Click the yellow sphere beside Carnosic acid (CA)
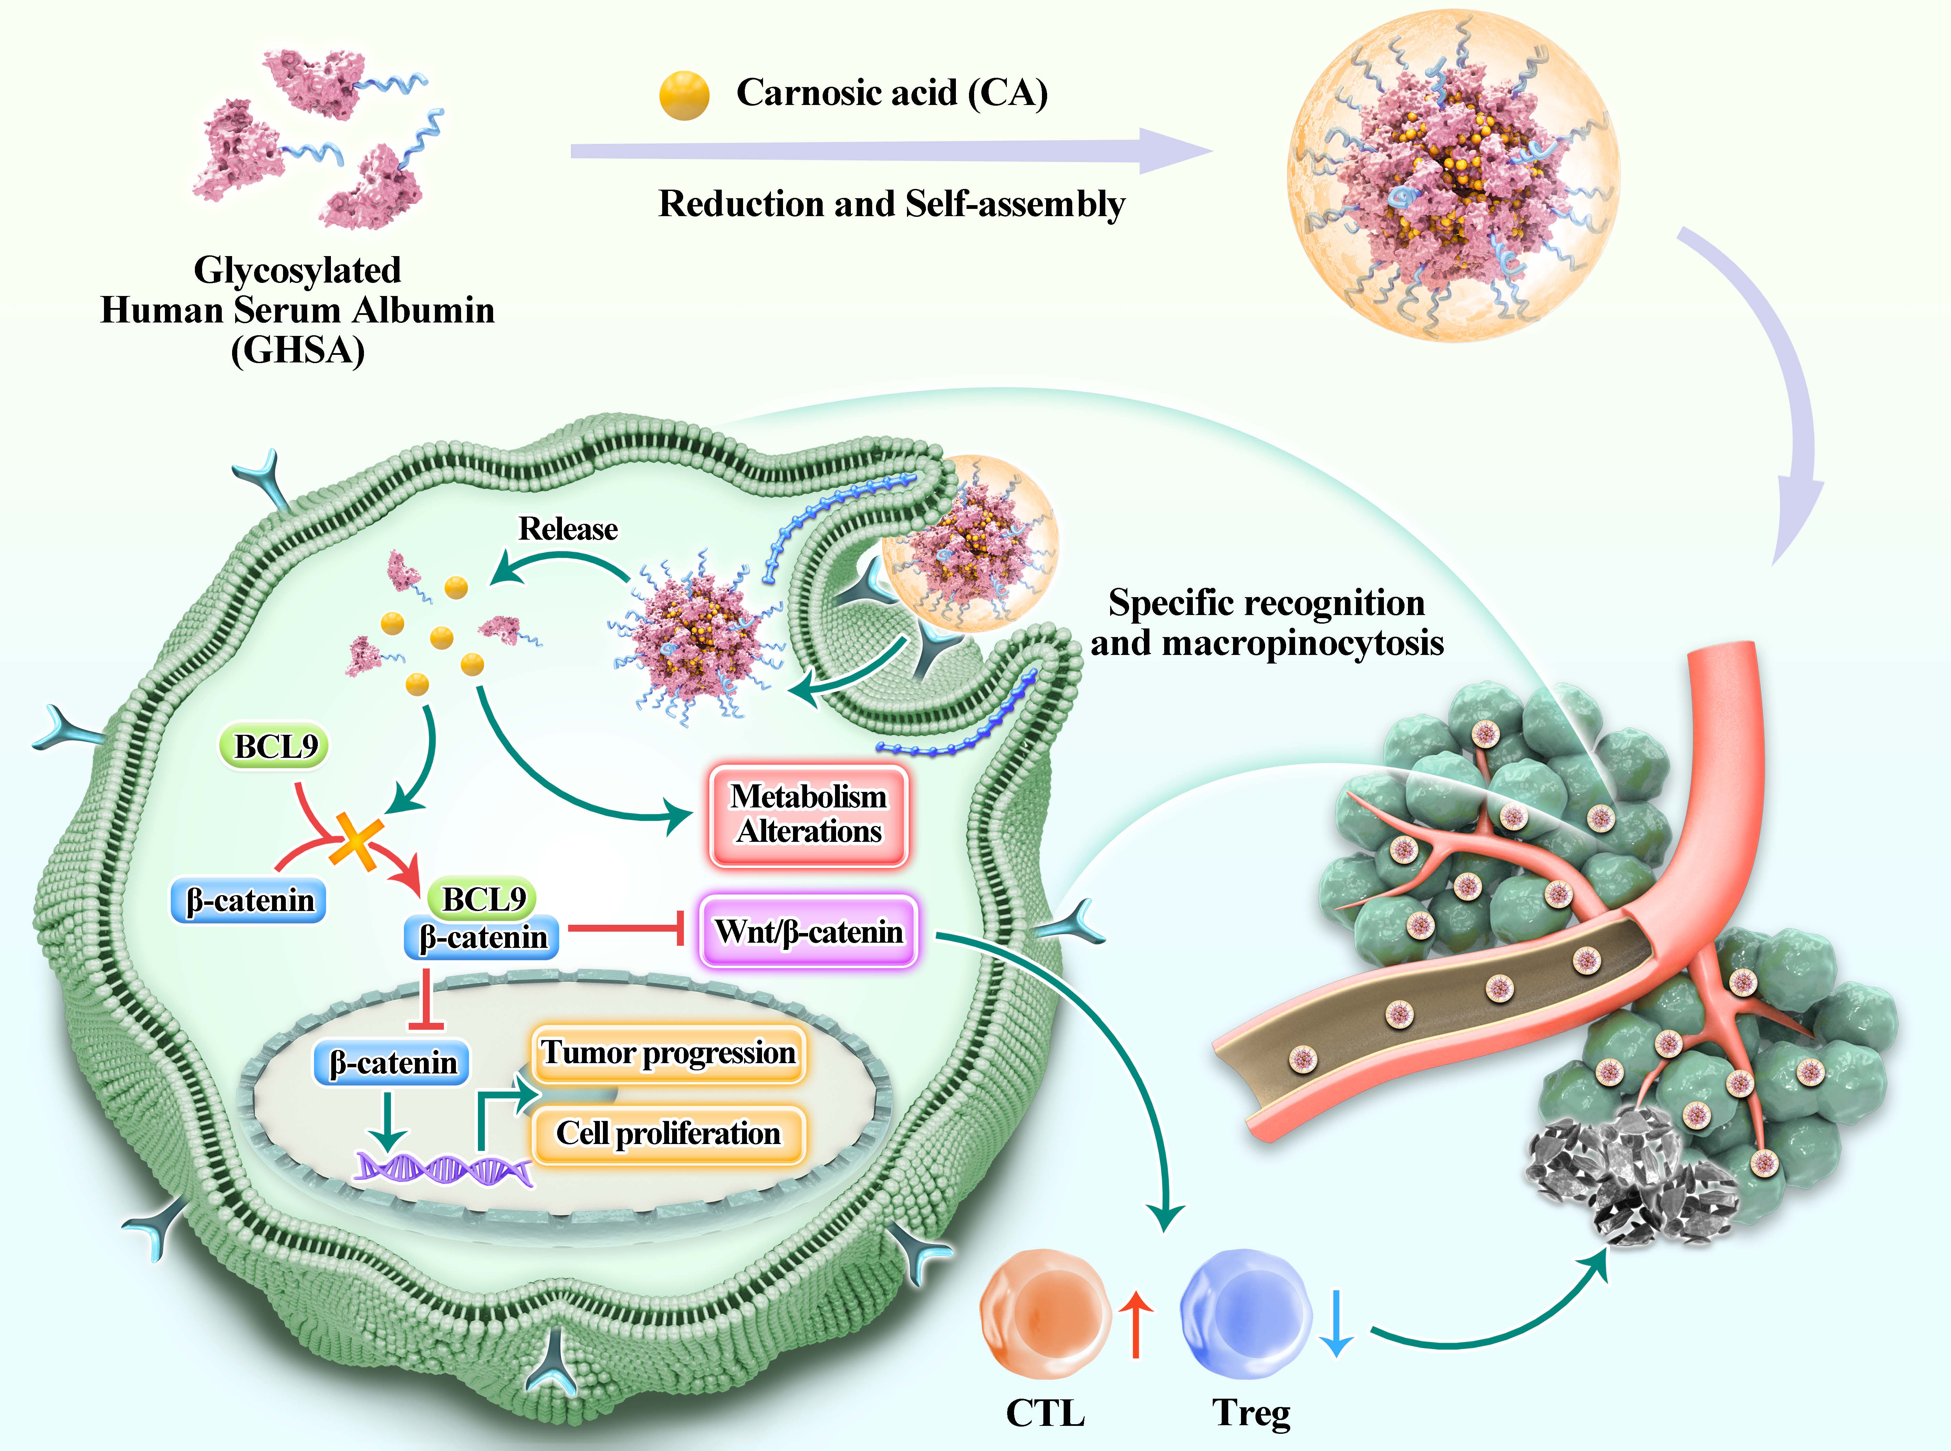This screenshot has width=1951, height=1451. [x=684, y=95]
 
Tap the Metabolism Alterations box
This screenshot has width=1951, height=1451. [x=808, y=814]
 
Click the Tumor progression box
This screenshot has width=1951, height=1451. [x=668, y=1052]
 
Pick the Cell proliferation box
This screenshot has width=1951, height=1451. [x=668, y=1134]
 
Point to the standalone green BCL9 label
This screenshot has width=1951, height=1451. [x=274, y=746]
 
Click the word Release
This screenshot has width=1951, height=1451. [x=568, y=529]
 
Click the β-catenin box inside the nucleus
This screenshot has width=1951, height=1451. [x=392, y=1063]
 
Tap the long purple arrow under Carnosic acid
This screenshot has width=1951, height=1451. [x=888, y=149]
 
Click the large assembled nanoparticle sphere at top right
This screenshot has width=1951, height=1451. [x=1454, y=176]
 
